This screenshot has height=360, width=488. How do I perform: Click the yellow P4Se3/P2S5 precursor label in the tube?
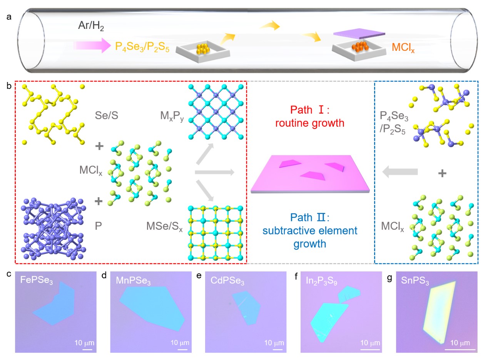[142, 47]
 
